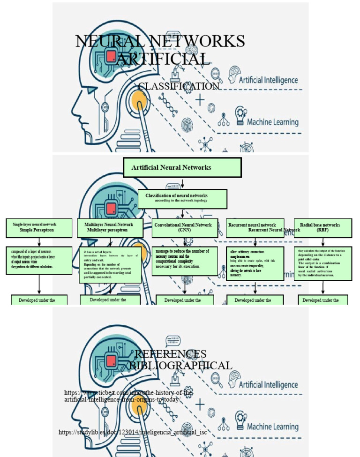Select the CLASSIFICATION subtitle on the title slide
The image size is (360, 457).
[179, 86]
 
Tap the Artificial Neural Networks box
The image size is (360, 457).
[182, 167]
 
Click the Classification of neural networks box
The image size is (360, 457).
[182, 199]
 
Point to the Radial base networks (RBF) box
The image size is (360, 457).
[322, 227]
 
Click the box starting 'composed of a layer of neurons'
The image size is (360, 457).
[39, 260]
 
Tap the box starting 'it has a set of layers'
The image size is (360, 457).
[111, 265]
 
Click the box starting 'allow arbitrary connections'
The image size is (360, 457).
[255, 263]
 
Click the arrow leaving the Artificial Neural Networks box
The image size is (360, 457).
[182, 183]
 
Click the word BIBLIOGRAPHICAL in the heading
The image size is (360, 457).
[180, 365]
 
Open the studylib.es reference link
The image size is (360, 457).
[133, 432]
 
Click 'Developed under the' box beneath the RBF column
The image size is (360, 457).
[322, 300]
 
